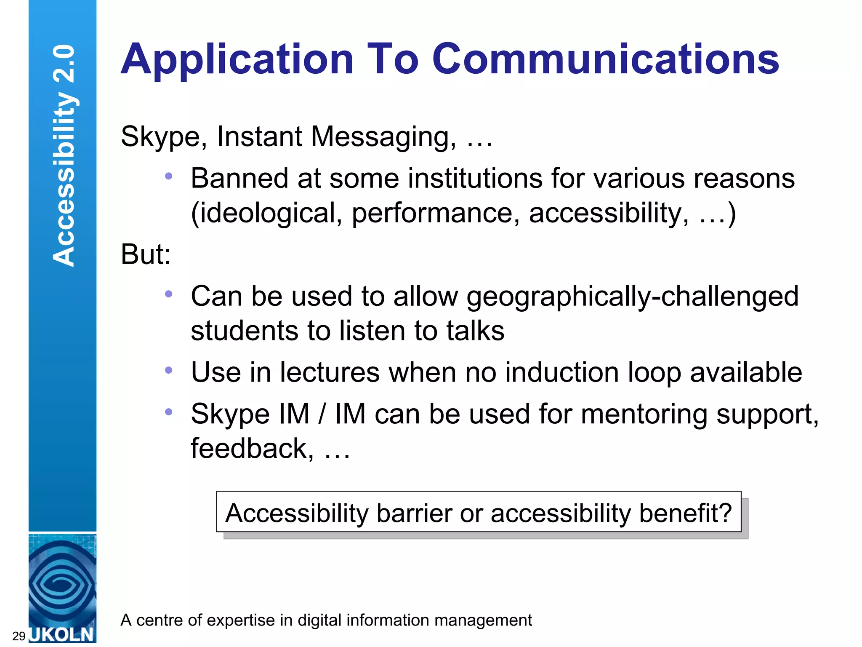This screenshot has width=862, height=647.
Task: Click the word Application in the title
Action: pos(237,60)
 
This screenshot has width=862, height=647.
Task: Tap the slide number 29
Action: pos(19,636)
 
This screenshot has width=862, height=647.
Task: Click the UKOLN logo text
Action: pos(62,634)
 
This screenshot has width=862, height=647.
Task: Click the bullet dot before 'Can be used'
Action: pos(169,294)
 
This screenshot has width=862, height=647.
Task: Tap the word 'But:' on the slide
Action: pos(146,254)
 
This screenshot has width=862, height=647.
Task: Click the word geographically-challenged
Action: pos(632,297)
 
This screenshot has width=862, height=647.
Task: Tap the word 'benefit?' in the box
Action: pos(686,513)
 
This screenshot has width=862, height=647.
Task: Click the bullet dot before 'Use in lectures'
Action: pos(169,370)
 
